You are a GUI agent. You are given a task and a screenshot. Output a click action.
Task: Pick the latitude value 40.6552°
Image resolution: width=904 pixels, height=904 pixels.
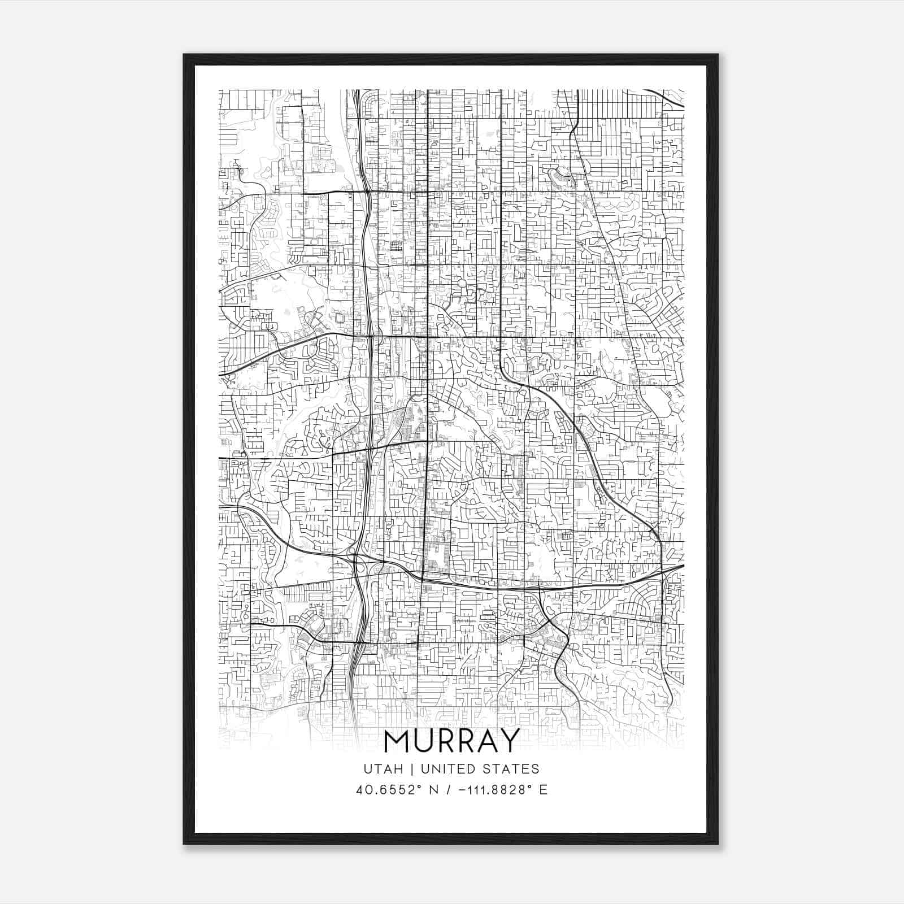coord(380,789)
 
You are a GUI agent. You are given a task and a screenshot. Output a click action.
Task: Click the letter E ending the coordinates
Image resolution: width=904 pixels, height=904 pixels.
coord(544,789)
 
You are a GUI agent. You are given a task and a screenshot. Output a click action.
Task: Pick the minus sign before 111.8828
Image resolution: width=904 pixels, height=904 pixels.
coord(448,789)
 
